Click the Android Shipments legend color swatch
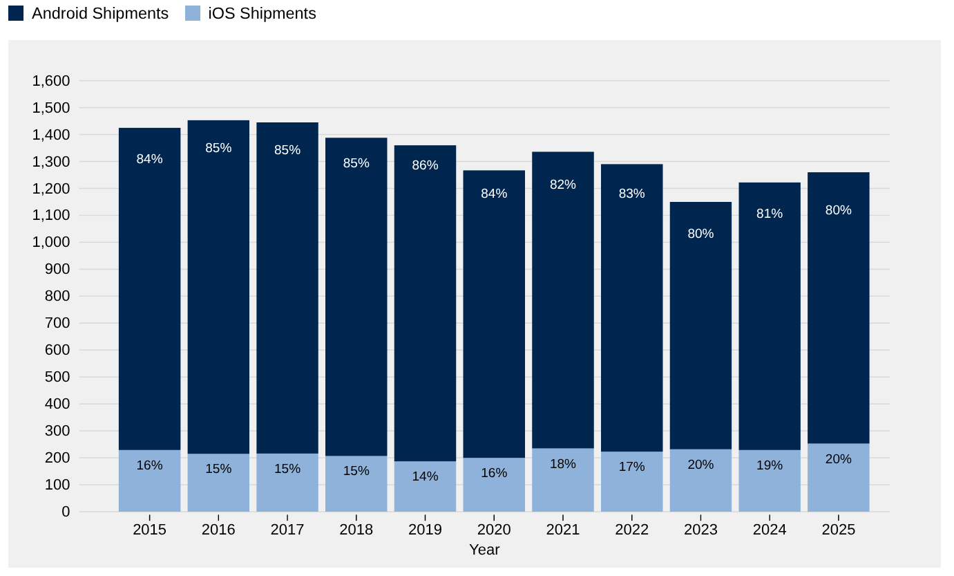(x=16, y=13)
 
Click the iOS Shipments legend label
(x=262, y=13)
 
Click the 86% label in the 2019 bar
(x=425, y=165)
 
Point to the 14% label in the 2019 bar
(x=425, y=476)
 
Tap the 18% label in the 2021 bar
(x=562, y=464)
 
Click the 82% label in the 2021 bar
(x=562, y=185)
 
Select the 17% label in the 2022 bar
(x=631, y=467)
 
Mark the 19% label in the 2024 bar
(x=769, y=465)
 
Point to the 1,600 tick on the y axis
(x=51, y=81)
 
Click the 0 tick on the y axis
(x=66, y=512)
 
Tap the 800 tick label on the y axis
(x=56, y=296)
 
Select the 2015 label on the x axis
(x=149, y=530)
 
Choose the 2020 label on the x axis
(x=494, y=530)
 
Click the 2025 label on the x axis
(x=838, y=530)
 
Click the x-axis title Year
(x=484, y=550)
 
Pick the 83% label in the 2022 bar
(x=631, y=194)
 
